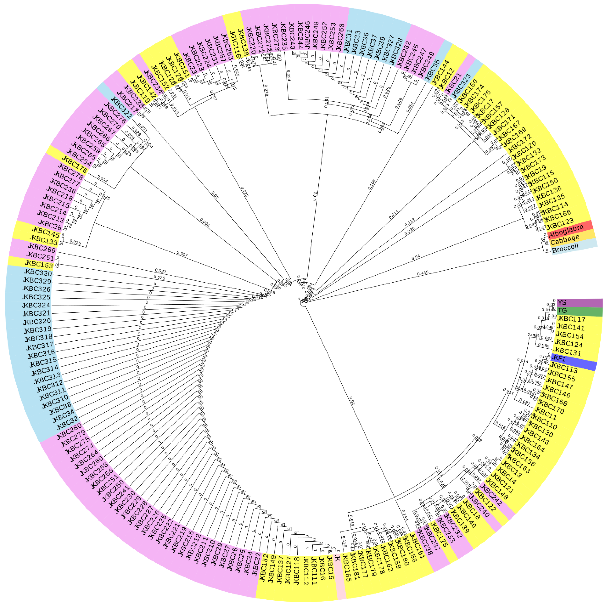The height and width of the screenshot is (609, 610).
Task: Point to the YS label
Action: [562, 302]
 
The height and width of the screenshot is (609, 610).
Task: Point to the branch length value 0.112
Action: [410, 222]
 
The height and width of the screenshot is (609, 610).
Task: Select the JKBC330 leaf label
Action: [38, 272]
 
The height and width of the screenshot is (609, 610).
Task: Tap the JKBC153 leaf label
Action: [39, 264]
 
